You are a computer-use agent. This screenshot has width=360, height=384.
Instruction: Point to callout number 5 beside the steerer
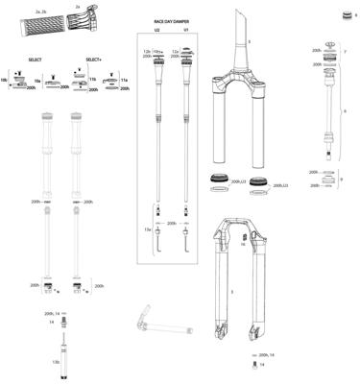[x=250, y=42]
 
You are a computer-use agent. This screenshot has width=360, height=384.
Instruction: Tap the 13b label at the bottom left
[x=57, y=362]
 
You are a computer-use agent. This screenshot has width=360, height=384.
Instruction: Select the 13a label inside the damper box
[x=148, y=231]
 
